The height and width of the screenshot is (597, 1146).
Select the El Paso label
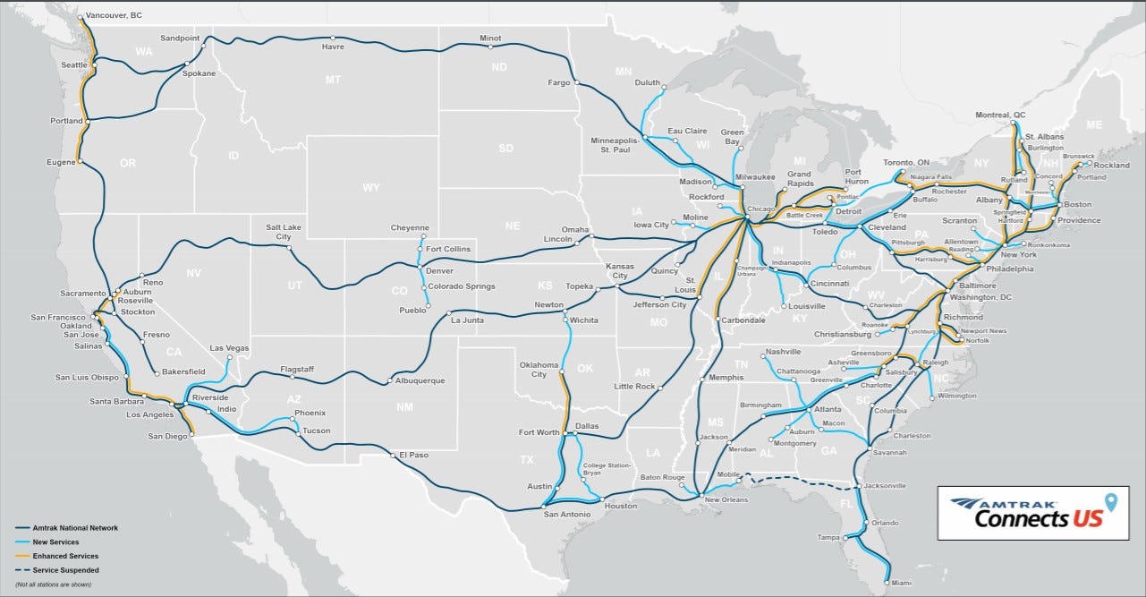click(413, 455)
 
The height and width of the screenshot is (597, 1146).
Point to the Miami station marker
click(887, 583)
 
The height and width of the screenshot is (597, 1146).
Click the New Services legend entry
click(55, 542)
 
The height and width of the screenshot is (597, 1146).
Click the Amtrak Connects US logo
click(1032, 513)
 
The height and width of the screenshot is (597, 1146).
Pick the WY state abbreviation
click(370, 188)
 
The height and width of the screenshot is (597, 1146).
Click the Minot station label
click(490, 38)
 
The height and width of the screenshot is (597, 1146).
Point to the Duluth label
click(647, 82)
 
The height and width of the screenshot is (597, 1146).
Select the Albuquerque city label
click(420, 380)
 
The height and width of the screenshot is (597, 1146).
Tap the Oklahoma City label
click(539, 370)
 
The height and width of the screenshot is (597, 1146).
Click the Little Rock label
click(634, 387)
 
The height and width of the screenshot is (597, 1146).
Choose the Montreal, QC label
click(1000, 115)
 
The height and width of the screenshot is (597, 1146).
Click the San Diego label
click(167, 437)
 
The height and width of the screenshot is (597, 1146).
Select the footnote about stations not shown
click(53, 584)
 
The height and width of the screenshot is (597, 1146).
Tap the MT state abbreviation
click(333, 80)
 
